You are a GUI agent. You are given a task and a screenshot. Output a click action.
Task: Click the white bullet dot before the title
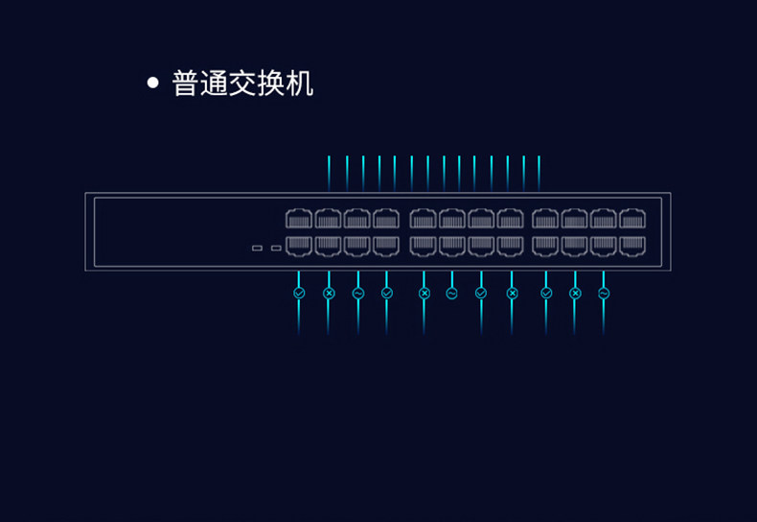[152, 83]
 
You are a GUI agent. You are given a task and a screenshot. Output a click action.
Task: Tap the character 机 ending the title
[301, 83]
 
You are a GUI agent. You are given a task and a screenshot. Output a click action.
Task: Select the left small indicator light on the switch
[257, 249]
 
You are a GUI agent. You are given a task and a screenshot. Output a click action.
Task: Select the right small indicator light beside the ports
[276, 249]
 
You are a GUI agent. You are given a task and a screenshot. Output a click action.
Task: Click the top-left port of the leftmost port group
[299, 219]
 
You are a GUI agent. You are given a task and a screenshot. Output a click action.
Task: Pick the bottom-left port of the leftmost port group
[299, 246]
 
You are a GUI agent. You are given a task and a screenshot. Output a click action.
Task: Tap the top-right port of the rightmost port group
[632, 219]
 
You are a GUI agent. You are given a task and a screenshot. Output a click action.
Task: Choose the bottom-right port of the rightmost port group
[632, 246]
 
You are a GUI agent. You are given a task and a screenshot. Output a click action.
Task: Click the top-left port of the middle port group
[424, 219]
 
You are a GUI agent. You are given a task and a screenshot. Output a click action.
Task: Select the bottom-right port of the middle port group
[511, 246]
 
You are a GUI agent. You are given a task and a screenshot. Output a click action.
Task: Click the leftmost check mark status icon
[299, 293]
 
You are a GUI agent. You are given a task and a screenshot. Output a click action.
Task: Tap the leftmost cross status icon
[329, 293]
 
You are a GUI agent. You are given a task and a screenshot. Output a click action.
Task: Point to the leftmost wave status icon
[358, 293]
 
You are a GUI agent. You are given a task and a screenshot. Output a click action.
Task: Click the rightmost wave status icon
[604, 293]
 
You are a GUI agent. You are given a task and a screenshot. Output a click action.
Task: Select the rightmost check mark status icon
[546, 293]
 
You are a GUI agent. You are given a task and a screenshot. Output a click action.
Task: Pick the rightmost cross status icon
[575, 293]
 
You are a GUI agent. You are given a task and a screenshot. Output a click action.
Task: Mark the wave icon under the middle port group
[452, 293]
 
